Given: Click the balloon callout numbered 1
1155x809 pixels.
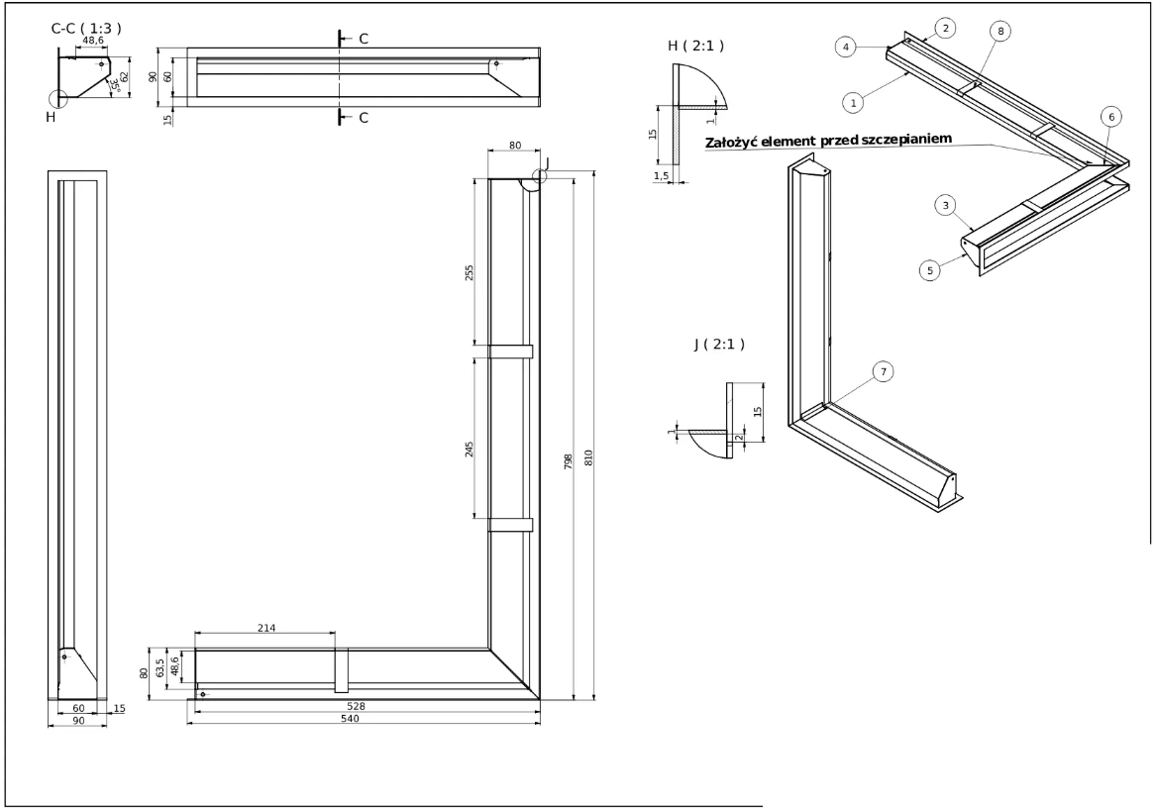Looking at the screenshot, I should click(x=851, y=99).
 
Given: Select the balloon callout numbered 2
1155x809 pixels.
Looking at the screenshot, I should click(x=947, y=29).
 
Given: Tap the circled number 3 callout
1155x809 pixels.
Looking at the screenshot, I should click(x=947, y=205).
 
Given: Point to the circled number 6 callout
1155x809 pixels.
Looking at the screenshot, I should click(x=1111, y=117).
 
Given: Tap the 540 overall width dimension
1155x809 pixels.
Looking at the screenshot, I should click(x=349, y=718).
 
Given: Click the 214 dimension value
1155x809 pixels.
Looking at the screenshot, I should click(x=265, y=627).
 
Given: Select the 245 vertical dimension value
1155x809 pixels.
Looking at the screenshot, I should click(x=471, y=451).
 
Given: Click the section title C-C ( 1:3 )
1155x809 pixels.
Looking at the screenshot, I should click(x=86, y=30).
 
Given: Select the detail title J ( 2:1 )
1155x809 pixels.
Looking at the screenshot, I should click(x=719, y=344).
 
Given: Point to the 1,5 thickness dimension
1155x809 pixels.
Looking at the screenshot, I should click(x=662, y=174).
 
